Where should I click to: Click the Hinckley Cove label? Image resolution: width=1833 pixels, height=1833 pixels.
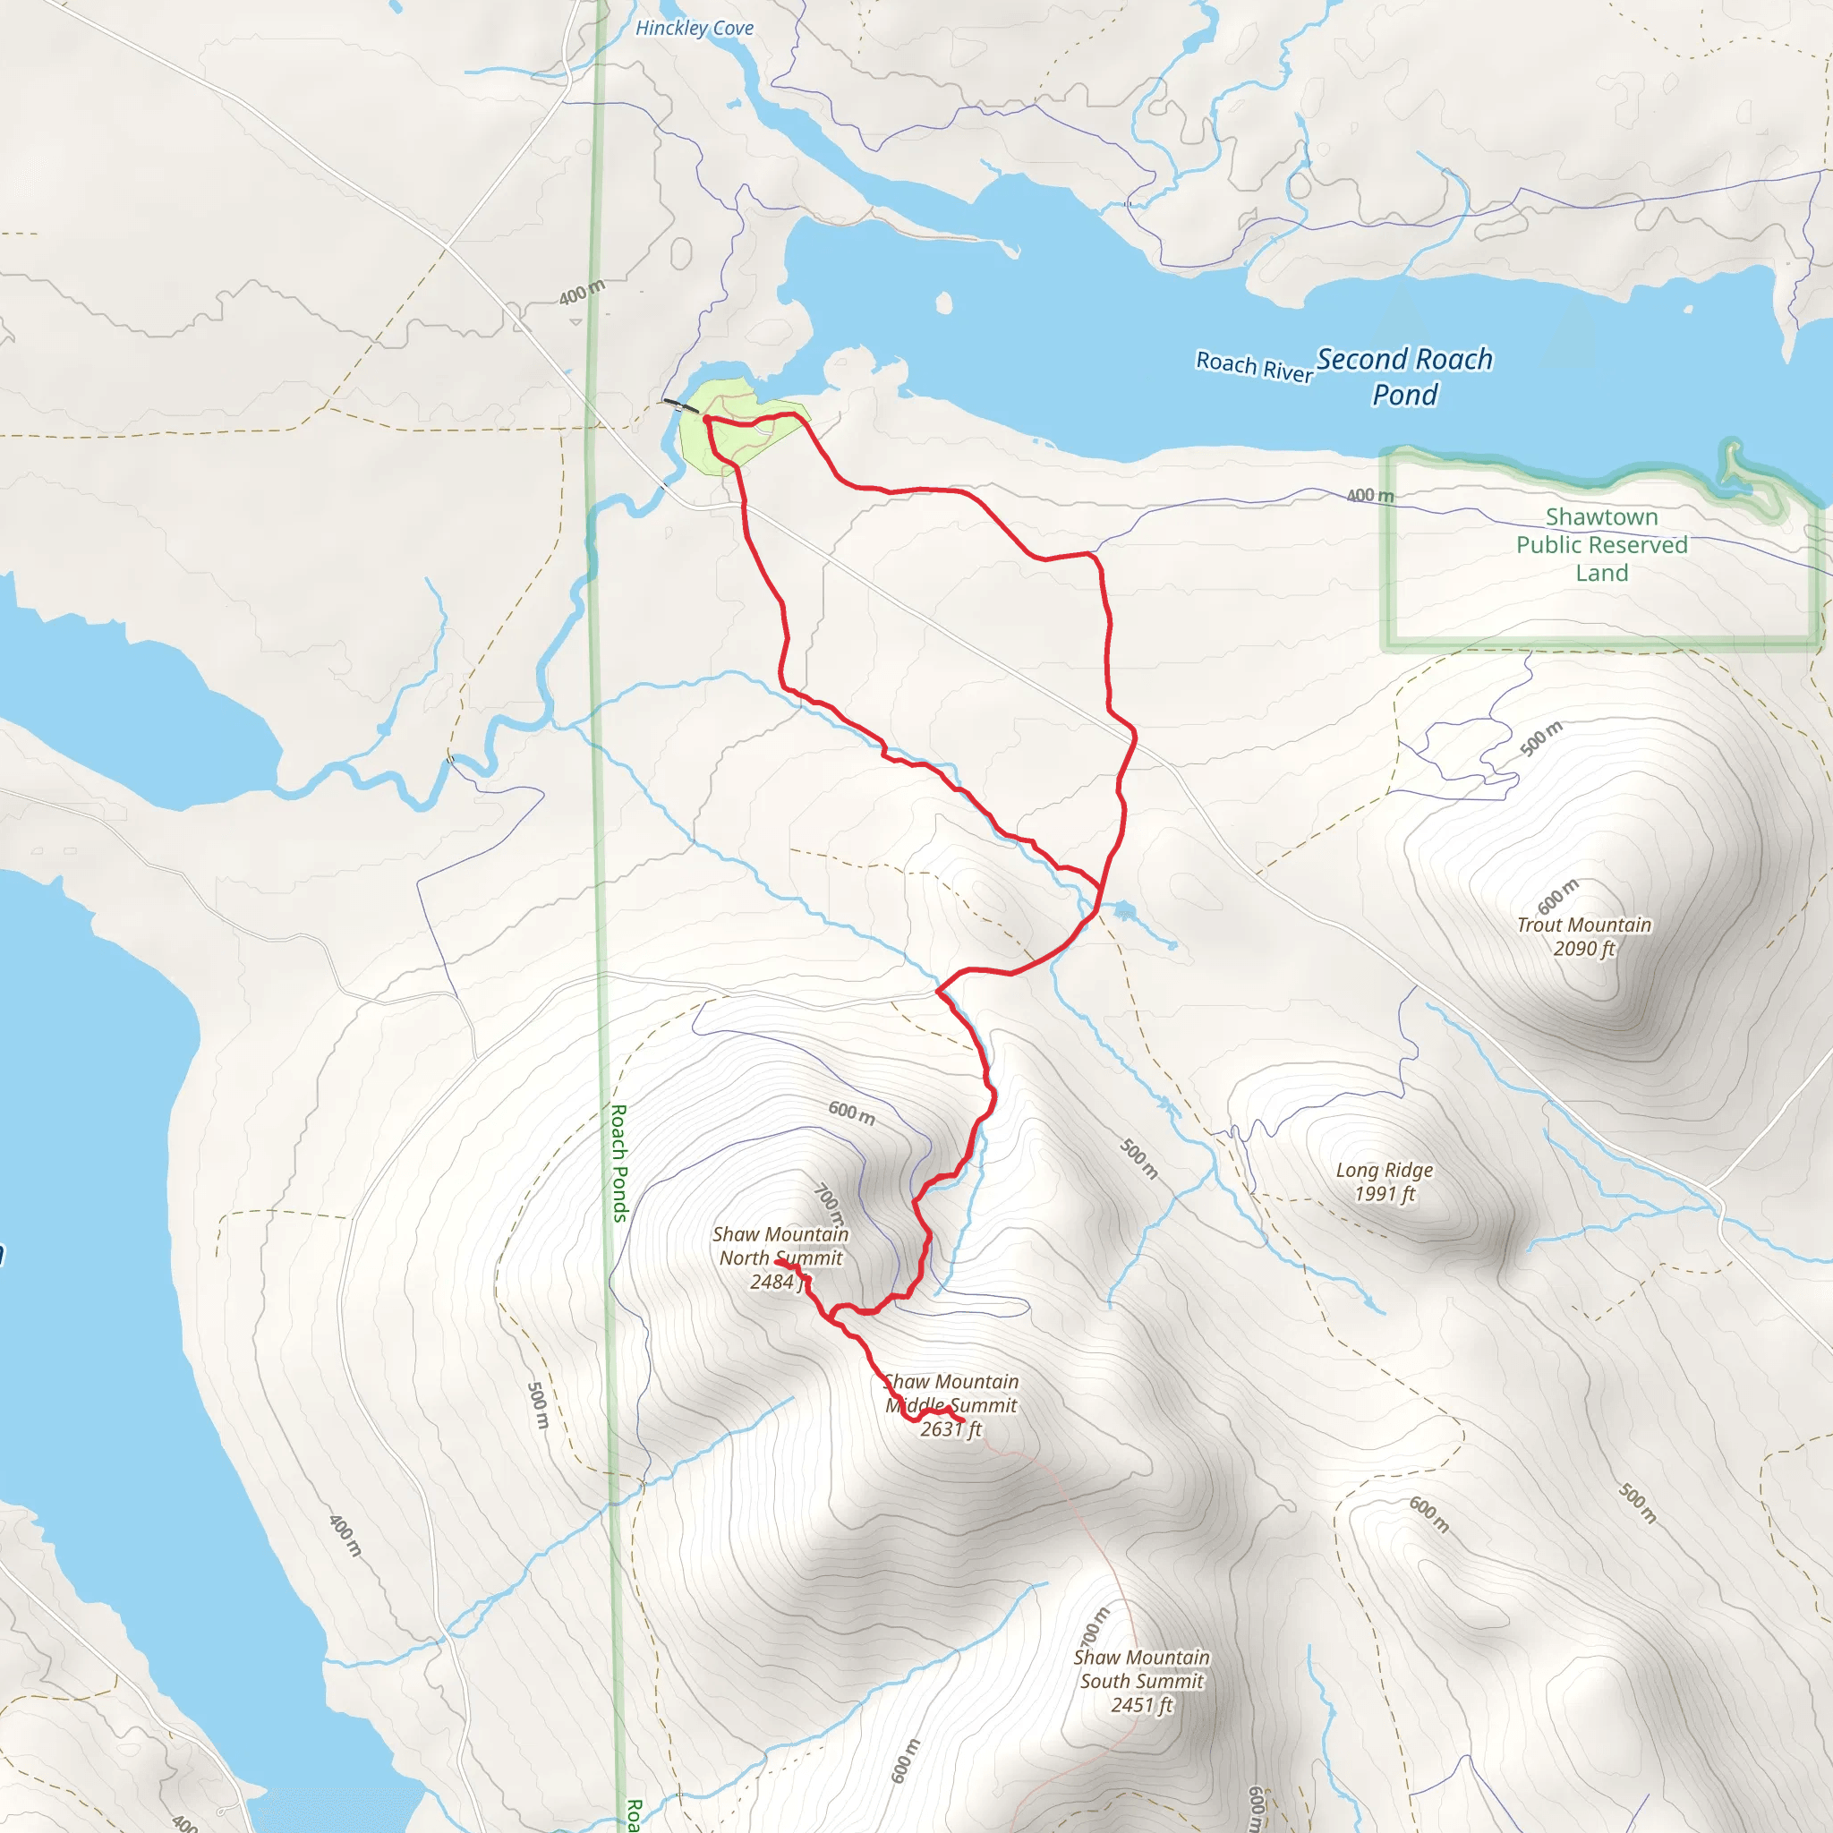(695, 29)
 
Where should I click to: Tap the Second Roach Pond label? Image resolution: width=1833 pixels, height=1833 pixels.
(1404, 377)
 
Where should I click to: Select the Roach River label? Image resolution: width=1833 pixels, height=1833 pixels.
(1253, 366)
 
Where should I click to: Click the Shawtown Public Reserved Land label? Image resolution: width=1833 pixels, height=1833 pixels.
(1601, 544)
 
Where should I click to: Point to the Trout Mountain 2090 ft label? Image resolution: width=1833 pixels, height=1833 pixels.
(1583, 936)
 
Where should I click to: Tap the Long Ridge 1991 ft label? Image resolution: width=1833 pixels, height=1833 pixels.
(1385, 1181)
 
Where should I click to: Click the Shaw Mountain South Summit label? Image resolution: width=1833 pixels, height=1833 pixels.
(1141, 1681)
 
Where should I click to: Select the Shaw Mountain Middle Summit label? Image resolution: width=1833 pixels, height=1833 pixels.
(951, 1405)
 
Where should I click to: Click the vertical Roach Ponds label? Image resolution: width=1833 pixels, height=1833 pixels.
(618, 1163)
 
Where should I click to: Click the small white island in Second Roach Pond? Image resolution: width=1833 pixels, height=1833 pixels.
(944, 303)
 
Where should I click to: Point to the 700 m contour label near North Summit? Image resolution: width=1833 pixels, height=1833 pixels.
(829, 1203)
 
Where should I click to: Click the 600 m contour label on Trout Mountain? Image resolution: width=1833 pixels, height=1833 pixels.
(1558, 897)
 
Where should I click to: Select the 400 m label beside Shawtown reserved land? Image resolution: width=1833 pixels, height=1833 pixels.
(1370, 495)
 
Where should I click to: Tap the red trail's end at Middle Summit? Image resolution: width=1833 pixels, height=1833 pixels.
(963, 1420)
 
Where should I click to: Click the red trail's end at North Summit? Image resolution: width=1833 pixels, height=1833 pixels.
(777, 1262)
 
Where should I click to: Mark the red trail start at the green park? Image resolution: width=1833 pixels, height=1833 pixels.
(707, 418)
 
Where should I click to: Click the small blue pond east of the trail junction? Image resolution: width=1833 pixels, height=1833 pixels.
(1124, 911)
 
